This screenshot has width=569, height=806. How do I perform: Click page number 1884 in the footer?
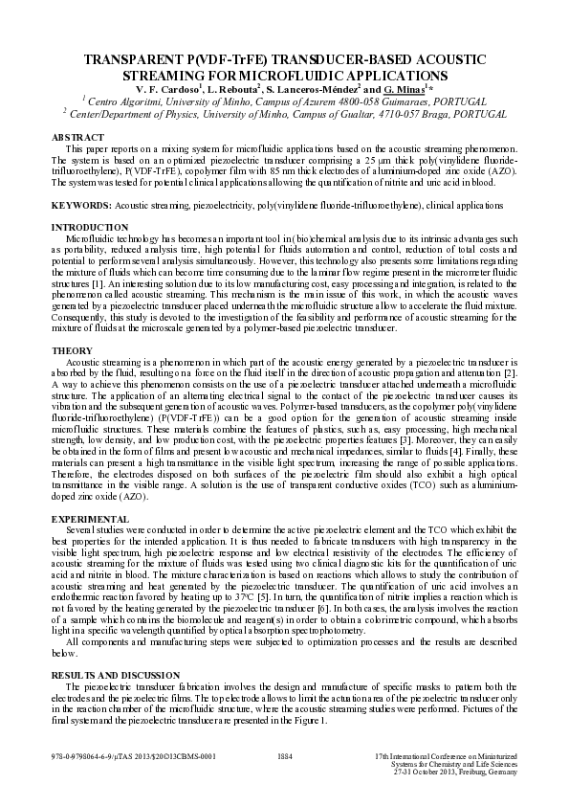[284, 756]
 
